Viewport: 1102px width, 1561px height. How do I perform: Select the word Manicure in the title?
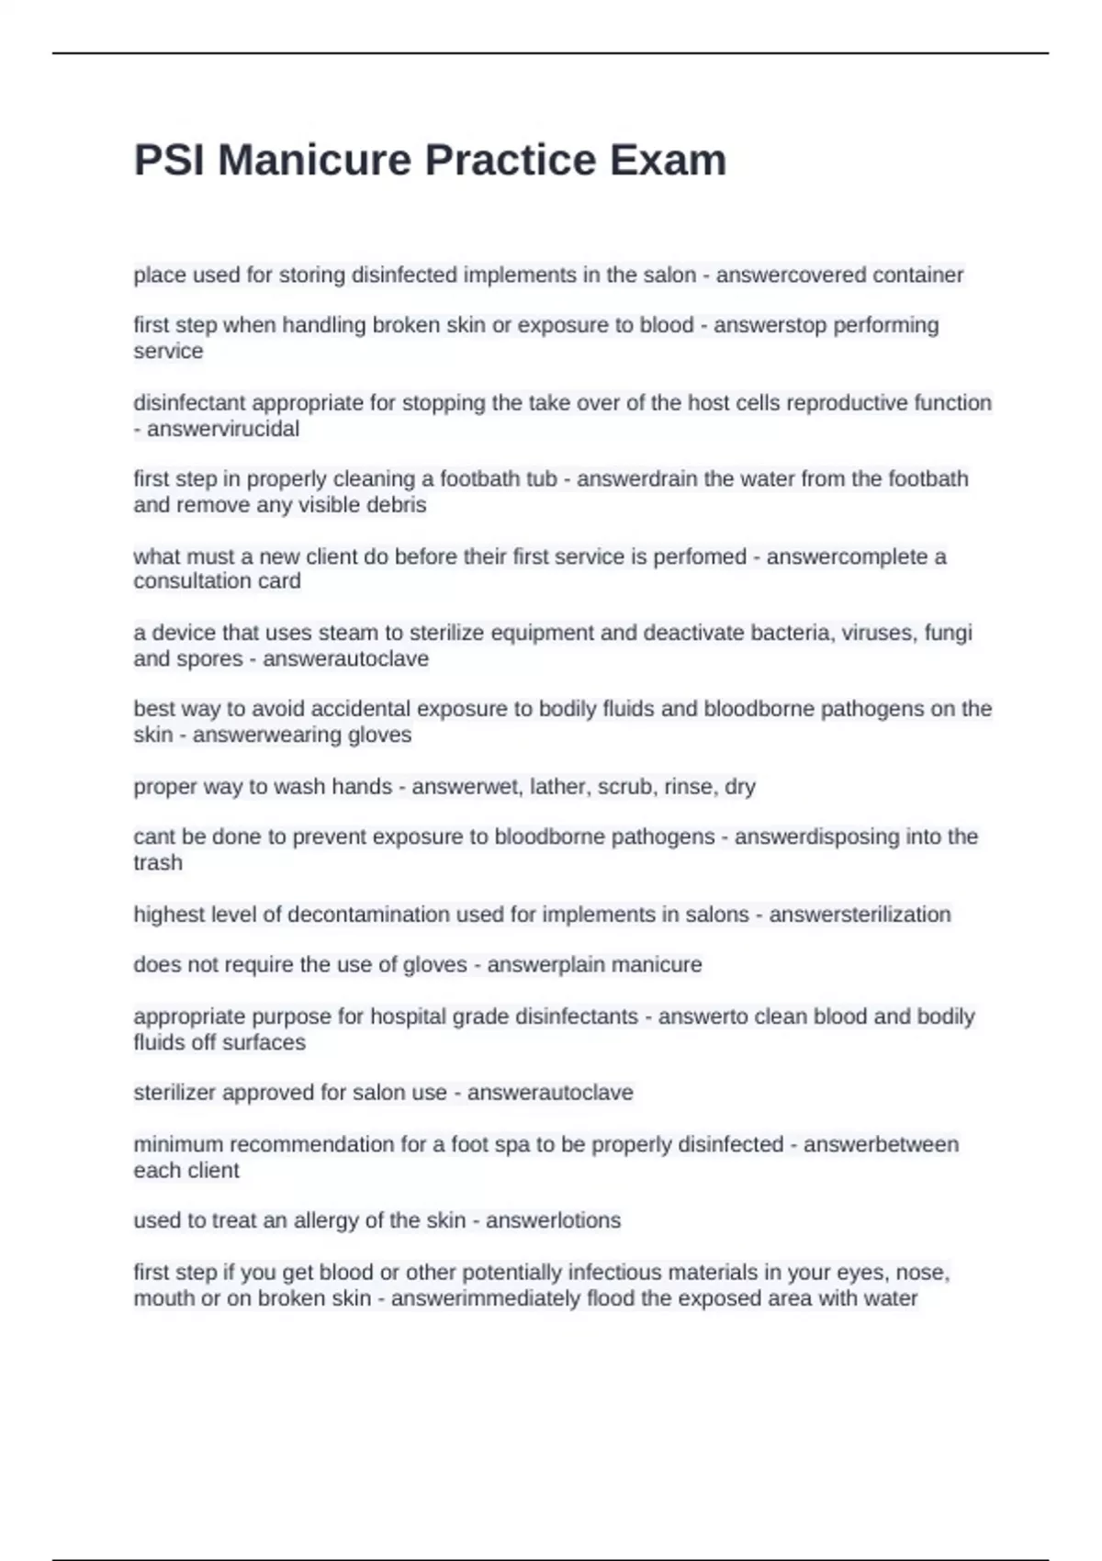315,160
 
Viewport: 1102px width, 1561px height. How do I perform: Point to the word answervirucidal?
223,429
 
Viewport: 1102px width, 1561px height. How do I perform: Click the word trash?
158,863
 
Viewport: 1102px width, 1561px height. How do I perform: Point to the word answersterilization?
860,915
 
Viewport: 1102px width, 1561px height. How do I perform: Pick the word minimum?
178,1145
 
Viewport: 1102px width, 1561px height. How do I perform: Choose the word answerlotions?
553,1220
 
